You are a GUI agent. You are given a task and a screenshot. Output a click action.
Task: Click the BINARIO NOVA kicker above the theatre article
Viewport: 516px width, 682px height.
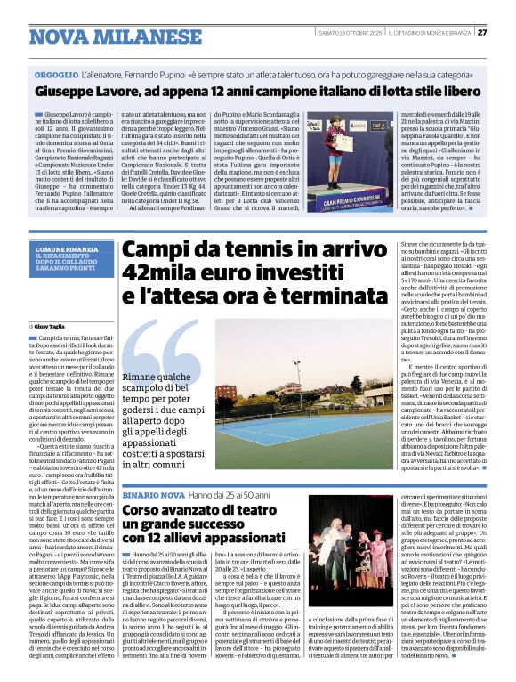point(153,494)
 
